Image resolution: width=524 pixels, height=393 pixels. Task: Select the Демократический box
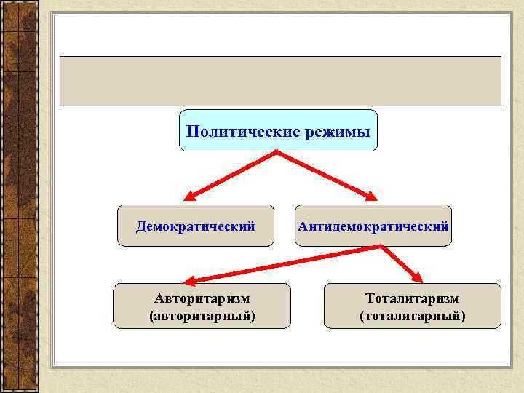click(x=196, y=226)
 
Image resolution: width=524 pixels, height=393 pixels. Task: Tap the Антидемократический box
click(x=373, y=226)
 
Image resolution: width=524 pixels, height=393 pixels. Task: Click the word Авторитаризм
click(x=202, y=298)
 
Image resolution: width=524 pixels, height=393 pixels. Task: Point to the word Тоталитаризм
click(x=413, y=298)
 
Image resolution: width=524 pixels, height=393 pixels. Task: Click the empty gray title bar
click(x=280, y=81)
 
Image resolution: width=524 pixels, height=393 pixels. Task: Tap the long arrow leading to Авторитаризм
click(x=284, y=263)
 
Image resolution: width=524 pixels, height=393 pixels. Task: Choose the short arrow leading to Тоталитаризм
click(x=400, y=263)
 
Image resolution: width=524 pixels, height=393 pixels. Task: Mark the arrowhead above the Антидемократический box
click(x=371, y=196)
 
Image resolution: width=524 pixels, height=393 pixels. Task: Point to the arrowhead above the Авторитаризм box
click(x=188, y=280)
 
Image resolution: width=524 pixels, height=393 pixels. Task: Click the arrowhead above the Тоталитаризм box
click(x=418, y=277)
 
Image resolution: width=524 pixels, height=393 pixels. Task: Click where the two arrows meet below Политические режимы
click(x=277, y=151)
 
